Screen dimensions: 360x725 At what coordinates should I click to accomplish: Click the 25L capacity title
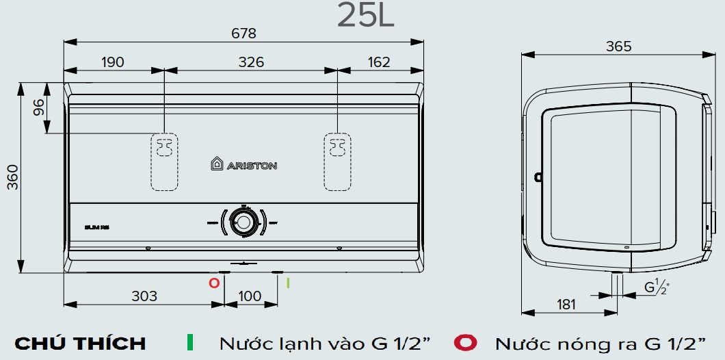point(366,16)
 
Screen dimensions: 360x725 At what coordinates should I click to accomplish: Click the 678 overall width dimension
point(243,33)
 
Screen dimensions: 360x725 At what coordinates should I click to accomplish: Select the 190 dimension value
point(113,62)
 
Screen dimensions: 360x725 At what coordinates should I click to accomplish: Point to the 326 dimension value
point(250,62)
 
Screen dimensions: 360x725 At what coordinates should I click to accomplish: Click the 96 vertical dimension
point(38,107)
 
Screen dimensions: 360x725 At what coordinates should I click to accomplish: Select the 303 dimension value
point(144,296)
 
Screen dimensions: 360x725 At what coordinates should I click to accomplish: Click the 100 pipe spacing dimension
point(250,296)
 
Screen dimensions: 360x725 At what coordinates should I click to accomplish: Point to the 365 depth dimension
point(618,47)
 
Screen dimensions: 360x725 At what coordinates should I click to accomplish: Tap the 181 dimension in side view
point(566,305)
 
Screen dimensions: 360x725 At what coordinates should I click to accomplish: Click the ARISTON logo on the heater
point(243,164)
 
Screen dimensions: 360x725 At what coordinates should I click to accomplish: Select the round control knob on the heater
point(243,222)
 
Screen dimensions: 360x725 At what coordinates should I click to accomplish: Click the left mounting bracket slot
point(163,161)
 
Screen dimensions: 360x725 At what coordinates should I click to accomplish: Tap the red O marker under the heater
point(214,282)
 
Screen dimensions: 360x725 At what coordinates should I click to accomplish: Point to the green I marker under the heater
point(288,282)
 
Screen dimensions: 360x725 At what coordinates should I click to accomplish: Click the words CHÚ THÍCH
point(80,343)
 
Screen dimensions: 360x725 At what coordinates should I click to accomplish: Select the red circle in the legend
point(468,342)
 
